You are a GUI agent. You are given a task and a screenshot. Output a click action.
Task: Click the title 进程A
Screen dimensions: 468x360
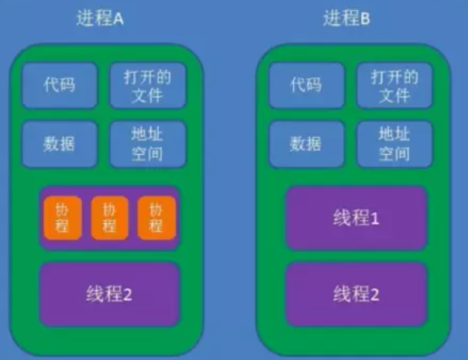pyautogui.click(x=101, y=19)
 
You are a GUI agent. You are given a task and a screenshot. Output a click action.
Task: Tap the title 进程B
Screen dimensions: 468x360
pyautogui.click(x=346, y=19)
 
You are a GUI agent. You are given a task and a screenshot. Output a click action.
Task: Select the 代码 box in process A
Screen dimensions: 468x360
pyautogui.click(x=59, y=84)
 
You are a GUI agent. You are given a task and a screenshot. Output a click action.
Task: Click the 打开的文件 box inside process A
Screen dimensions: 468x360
pyautogui.click(x=147, y=84)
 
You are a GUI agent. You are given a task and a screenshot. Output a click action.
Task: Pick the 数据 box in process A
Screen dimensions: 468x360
pyautogui.click(x=59, y=143)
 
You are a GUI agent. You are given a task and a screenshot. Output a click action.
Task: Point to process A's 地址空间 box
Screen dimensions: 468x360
pyautogui.click(x=147, y=143)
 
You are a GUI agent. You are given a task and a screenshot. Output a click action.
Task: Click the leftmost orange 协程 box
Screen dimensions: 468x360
pyautogui.click(x=63, y=218)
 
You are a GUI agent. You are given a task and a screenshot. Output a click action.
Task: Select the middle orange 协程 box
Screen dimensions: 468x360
pyautogui.click(x=109, y=218)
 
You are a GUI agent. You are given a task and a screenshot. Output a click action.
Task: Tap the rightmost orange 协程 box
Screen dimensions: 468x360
pyautogui.click(x=157, y=218)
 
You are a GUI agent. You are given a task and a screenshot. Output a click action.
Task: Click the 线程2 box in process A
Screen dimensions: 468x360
pyautogui.click(x=109, y=293)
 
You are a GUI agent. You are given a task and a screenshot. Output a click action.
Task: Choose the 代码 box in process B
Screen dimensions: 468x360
pyautogui.click(x=305, y=84)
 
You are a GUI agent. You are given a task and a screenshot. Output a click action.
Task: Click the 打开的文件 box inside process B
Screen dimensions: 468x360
pyautogui.click(x=394, y=84)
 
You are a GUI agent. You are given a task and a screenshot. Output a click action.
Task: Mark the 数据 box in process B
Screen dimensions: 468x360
pyautogui.click(x=305, y=143)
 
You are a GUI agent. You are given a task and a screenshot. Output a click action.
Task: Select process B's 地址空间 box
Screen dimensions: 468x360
pyautogui.click(x=394, y=143)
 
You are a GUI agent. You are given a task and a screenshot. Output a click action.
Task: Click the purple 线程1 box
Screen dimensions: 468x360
pyautogui.click(x=356, y=218)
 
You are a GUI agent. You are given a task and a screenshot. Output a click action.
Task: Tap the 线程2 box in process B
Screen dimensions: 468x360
pyautogui.click(x=356, y=293)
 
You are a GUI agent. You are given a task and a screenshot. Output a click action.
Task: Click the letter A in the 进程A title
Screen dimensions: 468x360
pyautogui.click(x=119, y=19)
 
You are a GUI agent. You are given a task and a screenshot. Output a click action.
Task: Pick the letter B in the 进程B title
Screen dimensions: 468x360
pyautogui.click(x=365, y=19)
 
